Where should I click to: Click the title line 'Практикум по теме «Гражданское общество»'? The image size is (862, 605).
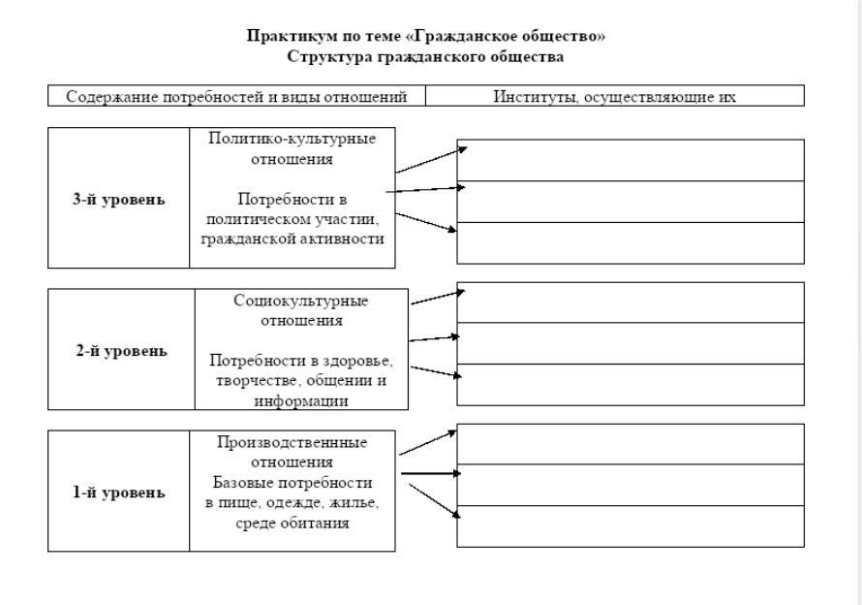pyautogui.click(x=426, y=37)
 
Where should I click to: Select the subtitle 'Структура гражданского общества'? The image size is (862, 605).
pyautogui.click(x=426, y=56)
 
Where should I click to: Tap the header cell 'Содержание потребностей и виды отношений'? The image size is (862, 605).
pyautogui.click(x=236, y=96)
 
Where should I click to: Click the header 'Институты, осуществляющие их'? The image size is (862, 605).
pyautogui.click(x=614, y=96)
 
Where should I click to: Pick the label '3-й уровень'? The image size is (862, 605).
pyautogui.click(x=118, y=200)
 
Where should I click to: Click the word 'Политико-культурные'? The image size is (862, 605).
pyautogui.click(x=292, y=139)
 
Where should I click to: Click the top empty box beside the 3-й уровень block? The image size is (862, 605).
pyautogui.click(x=630, y=160)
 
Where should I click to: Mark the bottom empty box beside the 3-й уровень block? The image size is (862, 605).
pyautogui.click(x=630, y=242)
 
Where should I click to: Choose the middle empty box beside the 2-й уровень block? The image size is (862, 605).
pyautogui.click(x=630, y=343)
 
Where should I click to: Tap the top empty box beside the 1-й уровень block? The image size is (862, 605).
pyautogui.click(x=630, y=444)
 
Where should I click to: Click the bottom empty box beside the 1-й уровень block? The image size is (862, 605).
pyautogui.click(x=630, y=525)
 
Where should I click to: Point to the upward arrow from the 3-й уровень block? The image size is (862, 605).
pyautogui.click(x=432, y=159)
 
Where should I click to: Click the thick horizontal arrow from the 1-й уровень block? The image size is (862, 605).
pyautogui.click(x=429, y=474)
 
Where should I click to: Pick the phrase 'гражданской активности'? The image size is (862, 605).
pyautogui.click(x=292, y=239)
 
